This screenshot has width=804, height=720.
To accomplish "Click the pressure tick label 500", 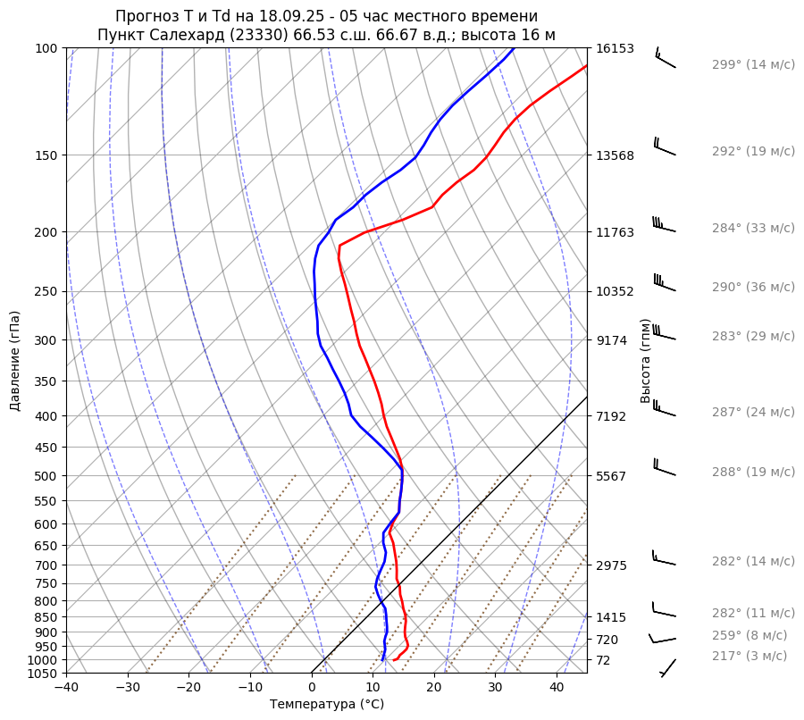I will (x=47, y=475).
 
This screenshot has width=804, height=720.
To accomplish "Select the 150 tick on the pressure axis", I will (x=47, y=155).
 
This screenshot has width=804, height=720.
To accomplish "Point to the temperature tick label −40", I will (x=66, y=688).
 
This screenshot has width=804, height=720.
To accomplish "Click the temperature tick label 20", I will (x=434, y=688).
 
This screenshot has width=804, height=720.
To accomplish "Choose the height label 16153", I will (x=616, y=48).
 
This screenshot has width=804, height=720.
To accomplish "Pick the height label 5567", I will (x=612, y=476).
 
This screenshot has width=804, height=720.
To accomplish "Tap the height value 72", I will (x=605, y=660).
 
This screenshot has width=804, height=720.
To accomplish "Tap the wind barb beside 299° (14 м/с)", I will (x=666, y=59).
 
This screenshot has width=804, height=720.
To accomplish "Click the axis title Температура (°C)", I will (x=327, y=705).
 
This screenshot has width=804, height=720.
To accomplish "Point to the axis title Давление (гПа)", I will (x=15, y=361).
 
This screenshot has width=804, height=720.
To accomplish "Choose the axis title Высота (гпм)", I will (x=646, y=360).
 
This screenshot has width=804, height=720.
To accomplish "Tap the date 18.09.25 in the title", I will (x=258, y=16).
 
